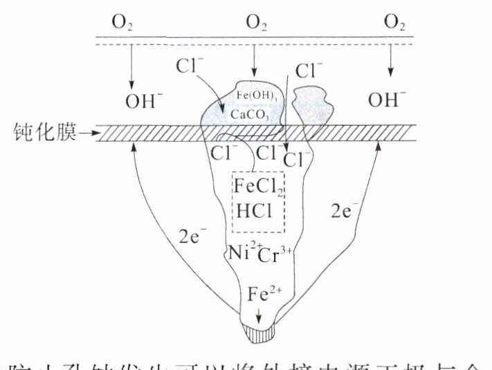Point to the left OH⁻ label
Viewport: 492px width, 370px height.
pos(144,102)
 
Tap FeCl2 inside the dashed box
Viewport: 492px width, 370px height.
pos(257,186)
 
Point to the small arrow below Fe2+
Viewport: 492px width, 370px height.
pos(260,315)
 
